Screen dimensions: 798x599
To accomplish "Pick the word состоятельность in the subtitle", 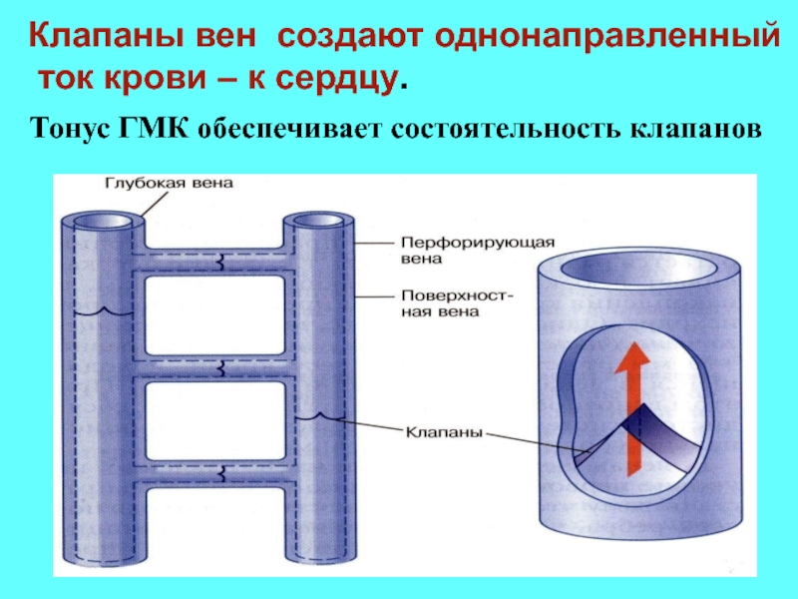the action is click(500, 130).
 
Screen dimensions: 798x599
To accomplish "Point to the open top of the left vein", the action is click(105, 221).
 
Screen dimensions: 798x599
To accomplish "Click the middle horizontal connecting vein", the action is click(218, 367).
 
